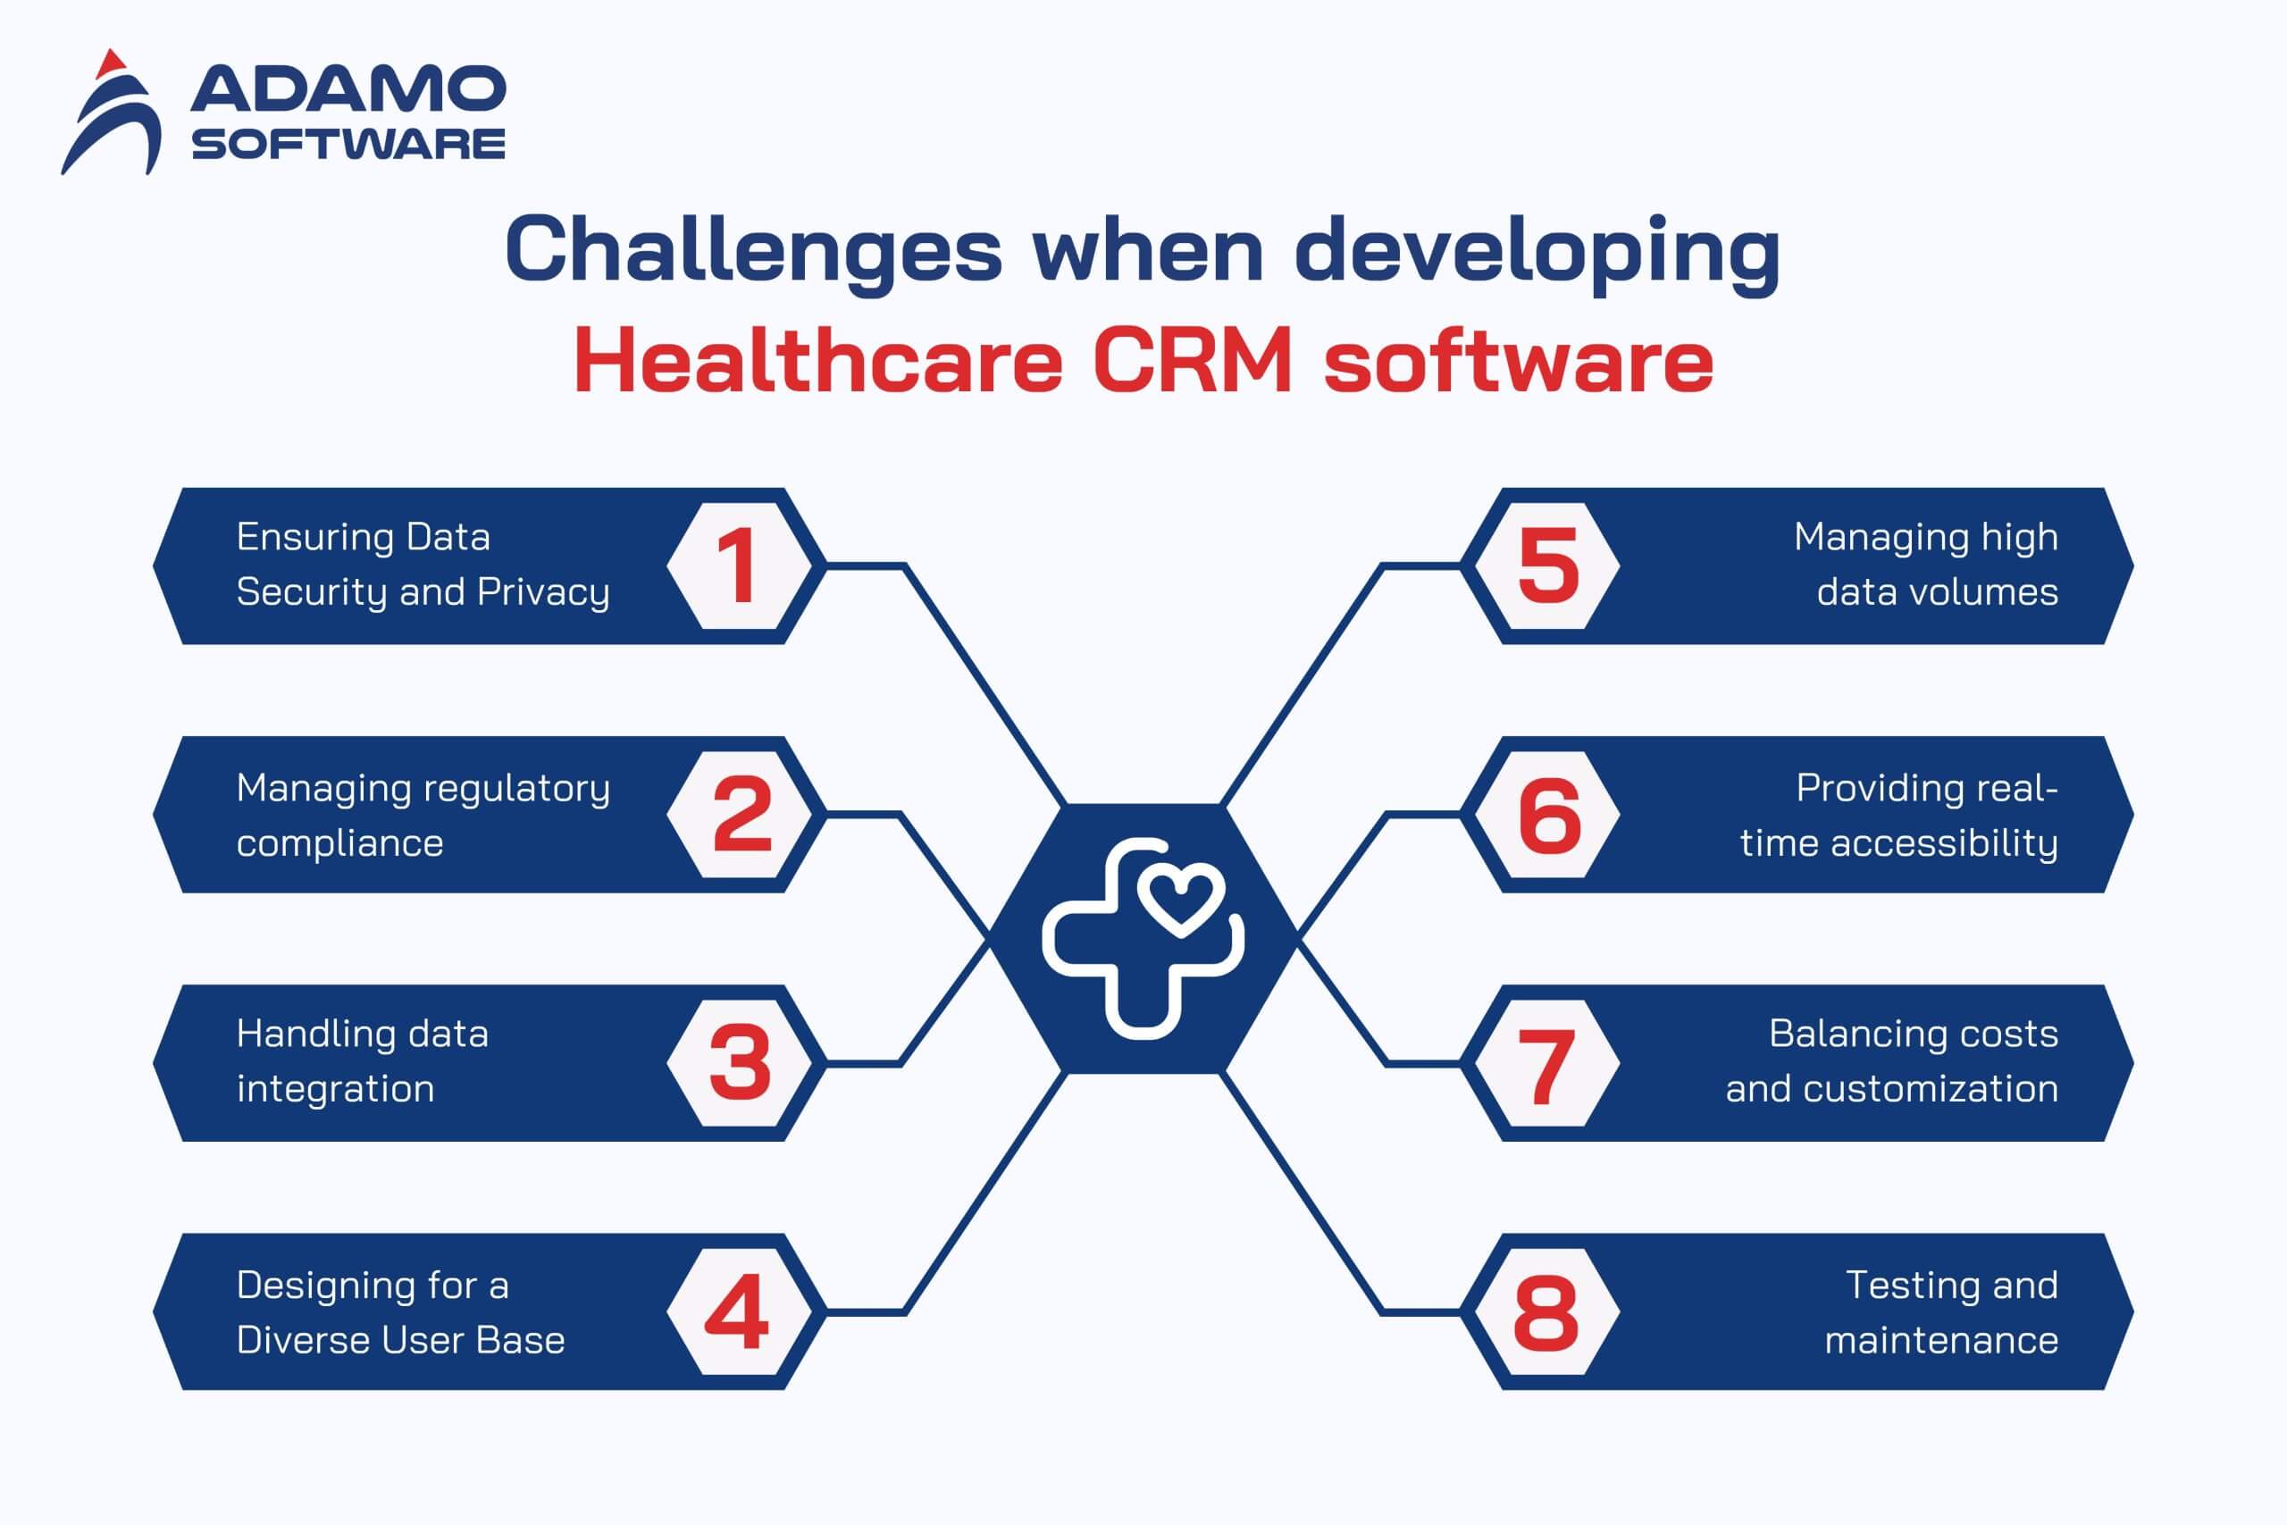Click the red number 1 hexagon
pyautogui.click(x=739, y=566)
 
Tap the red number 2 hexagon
pyautogui.click(x=739, y=814)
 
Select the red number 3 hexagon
pyautogui.click(x=739, y=1063)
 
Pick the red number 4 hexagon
pyautogui.click(x=739, y=1312)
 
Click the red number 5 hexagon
pyautogui.click(x=1548, y=566)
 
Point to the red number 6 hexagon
pyautogui.click(x=1548, y=814)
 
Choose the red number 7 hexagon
pyautogui.click(x=1548, y=1063)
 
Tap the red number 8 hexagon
pyautogui.click(x=1548, y=1312)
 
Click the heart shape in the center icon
pyautogui.click(x=1180, y=901)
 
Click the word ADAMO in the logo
pyautogui.click(x=348, y=88)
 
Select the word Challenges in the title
pyautogui.click(x=754, y=251)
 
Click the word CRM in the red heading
pyautogui.click(x=1194, y=361)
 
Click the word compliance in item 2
pyautogui.click(x=339, y=843)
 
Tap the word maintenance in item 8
pyautogui.click(x=1941, y=1340)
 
